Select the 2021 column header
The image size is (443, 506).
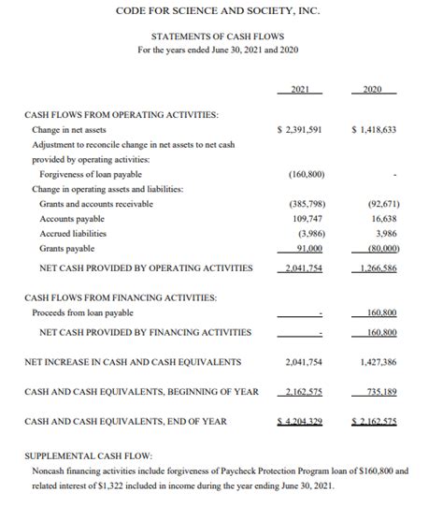[300, 90]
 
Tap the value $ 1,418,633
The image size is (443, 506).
[375, 130]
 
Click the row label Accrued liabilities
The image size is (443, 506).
[73, 233]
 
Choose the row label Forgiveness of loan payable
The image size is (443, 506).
[92, 173]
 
